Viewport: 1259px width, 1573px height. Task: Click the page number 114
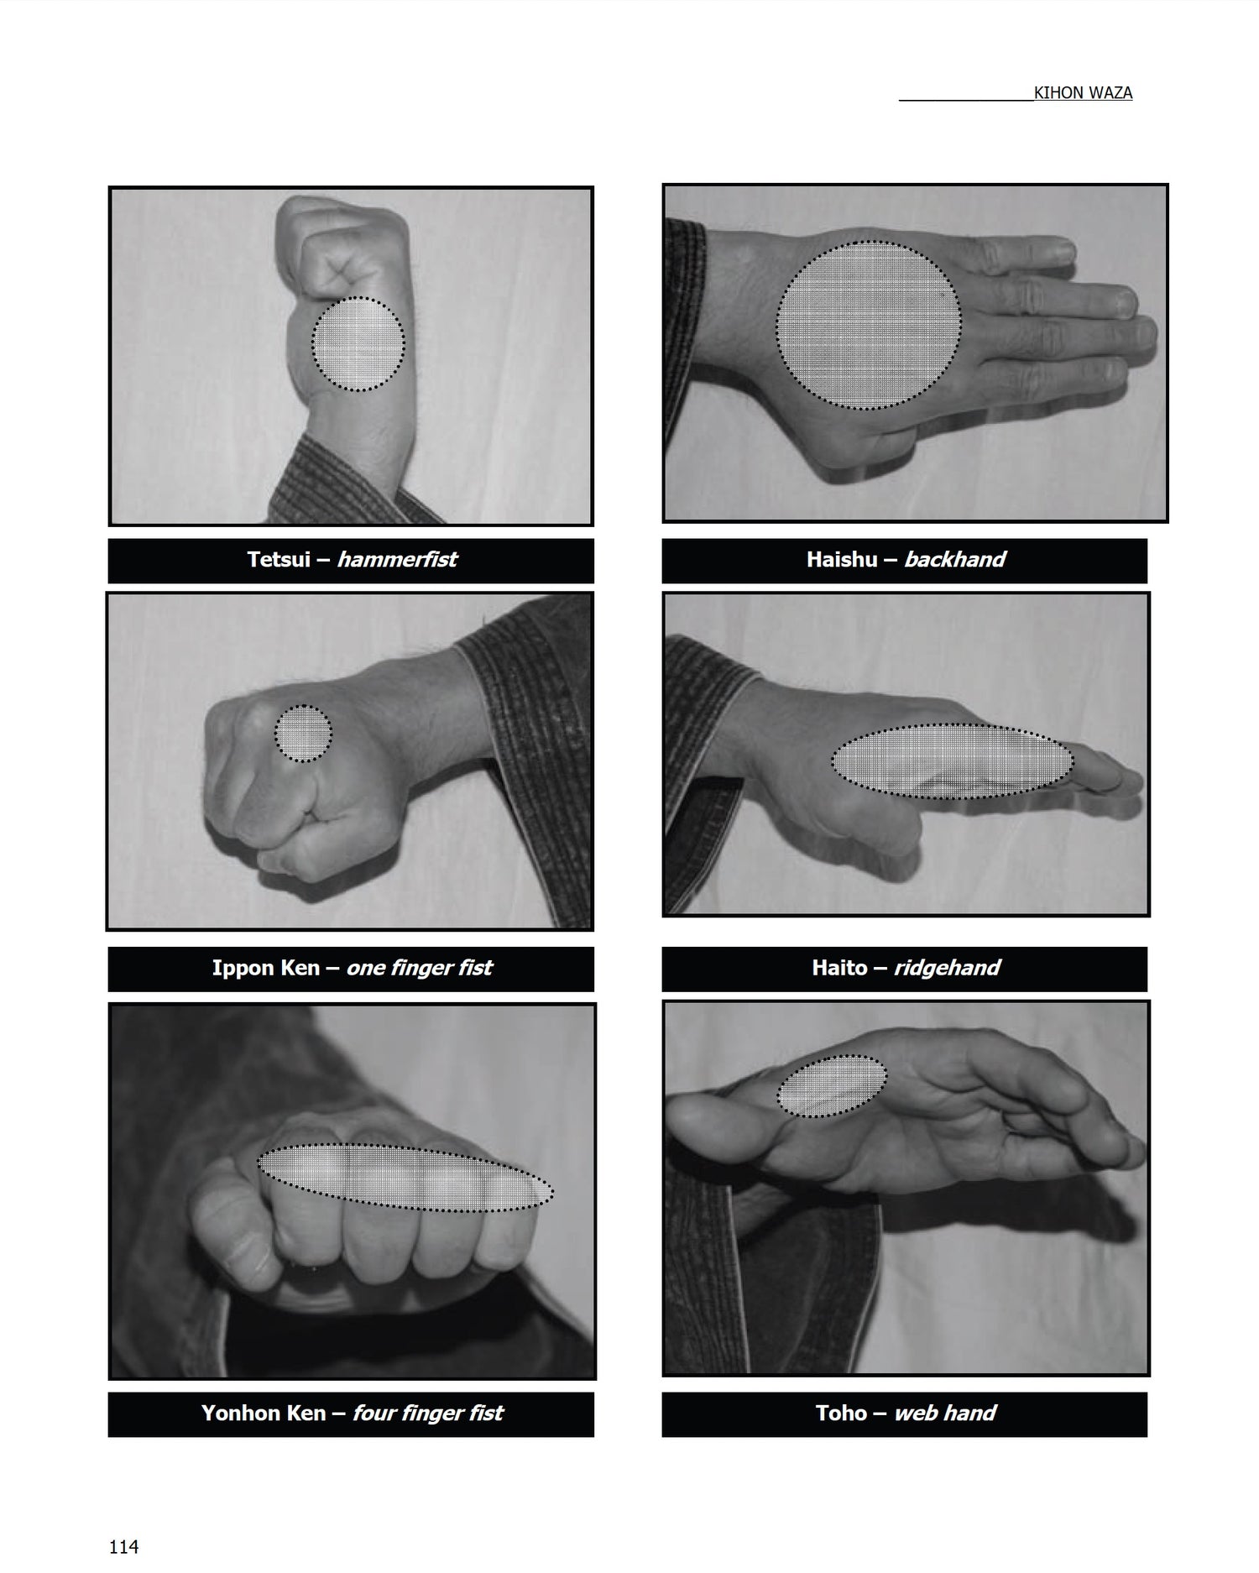[x=123, y=1546]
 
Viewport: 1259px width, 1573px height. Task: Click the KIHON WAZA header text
[x=1083, y=93]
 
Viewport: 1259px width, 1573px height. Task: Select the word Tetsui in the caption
[x=279, y=559]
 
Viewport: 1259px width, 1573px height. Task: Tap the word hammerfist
[x=397, y=559]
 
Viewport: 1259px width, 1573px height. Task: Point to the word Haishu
[x=842, y=559]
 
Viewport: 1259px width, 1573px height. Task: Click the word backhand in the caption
[x=954, y=559]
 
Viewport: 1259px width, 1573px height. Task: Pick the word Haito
[x=839, y=968]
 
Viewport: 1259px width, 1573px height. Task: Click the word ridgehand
[x=947, y=969]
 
